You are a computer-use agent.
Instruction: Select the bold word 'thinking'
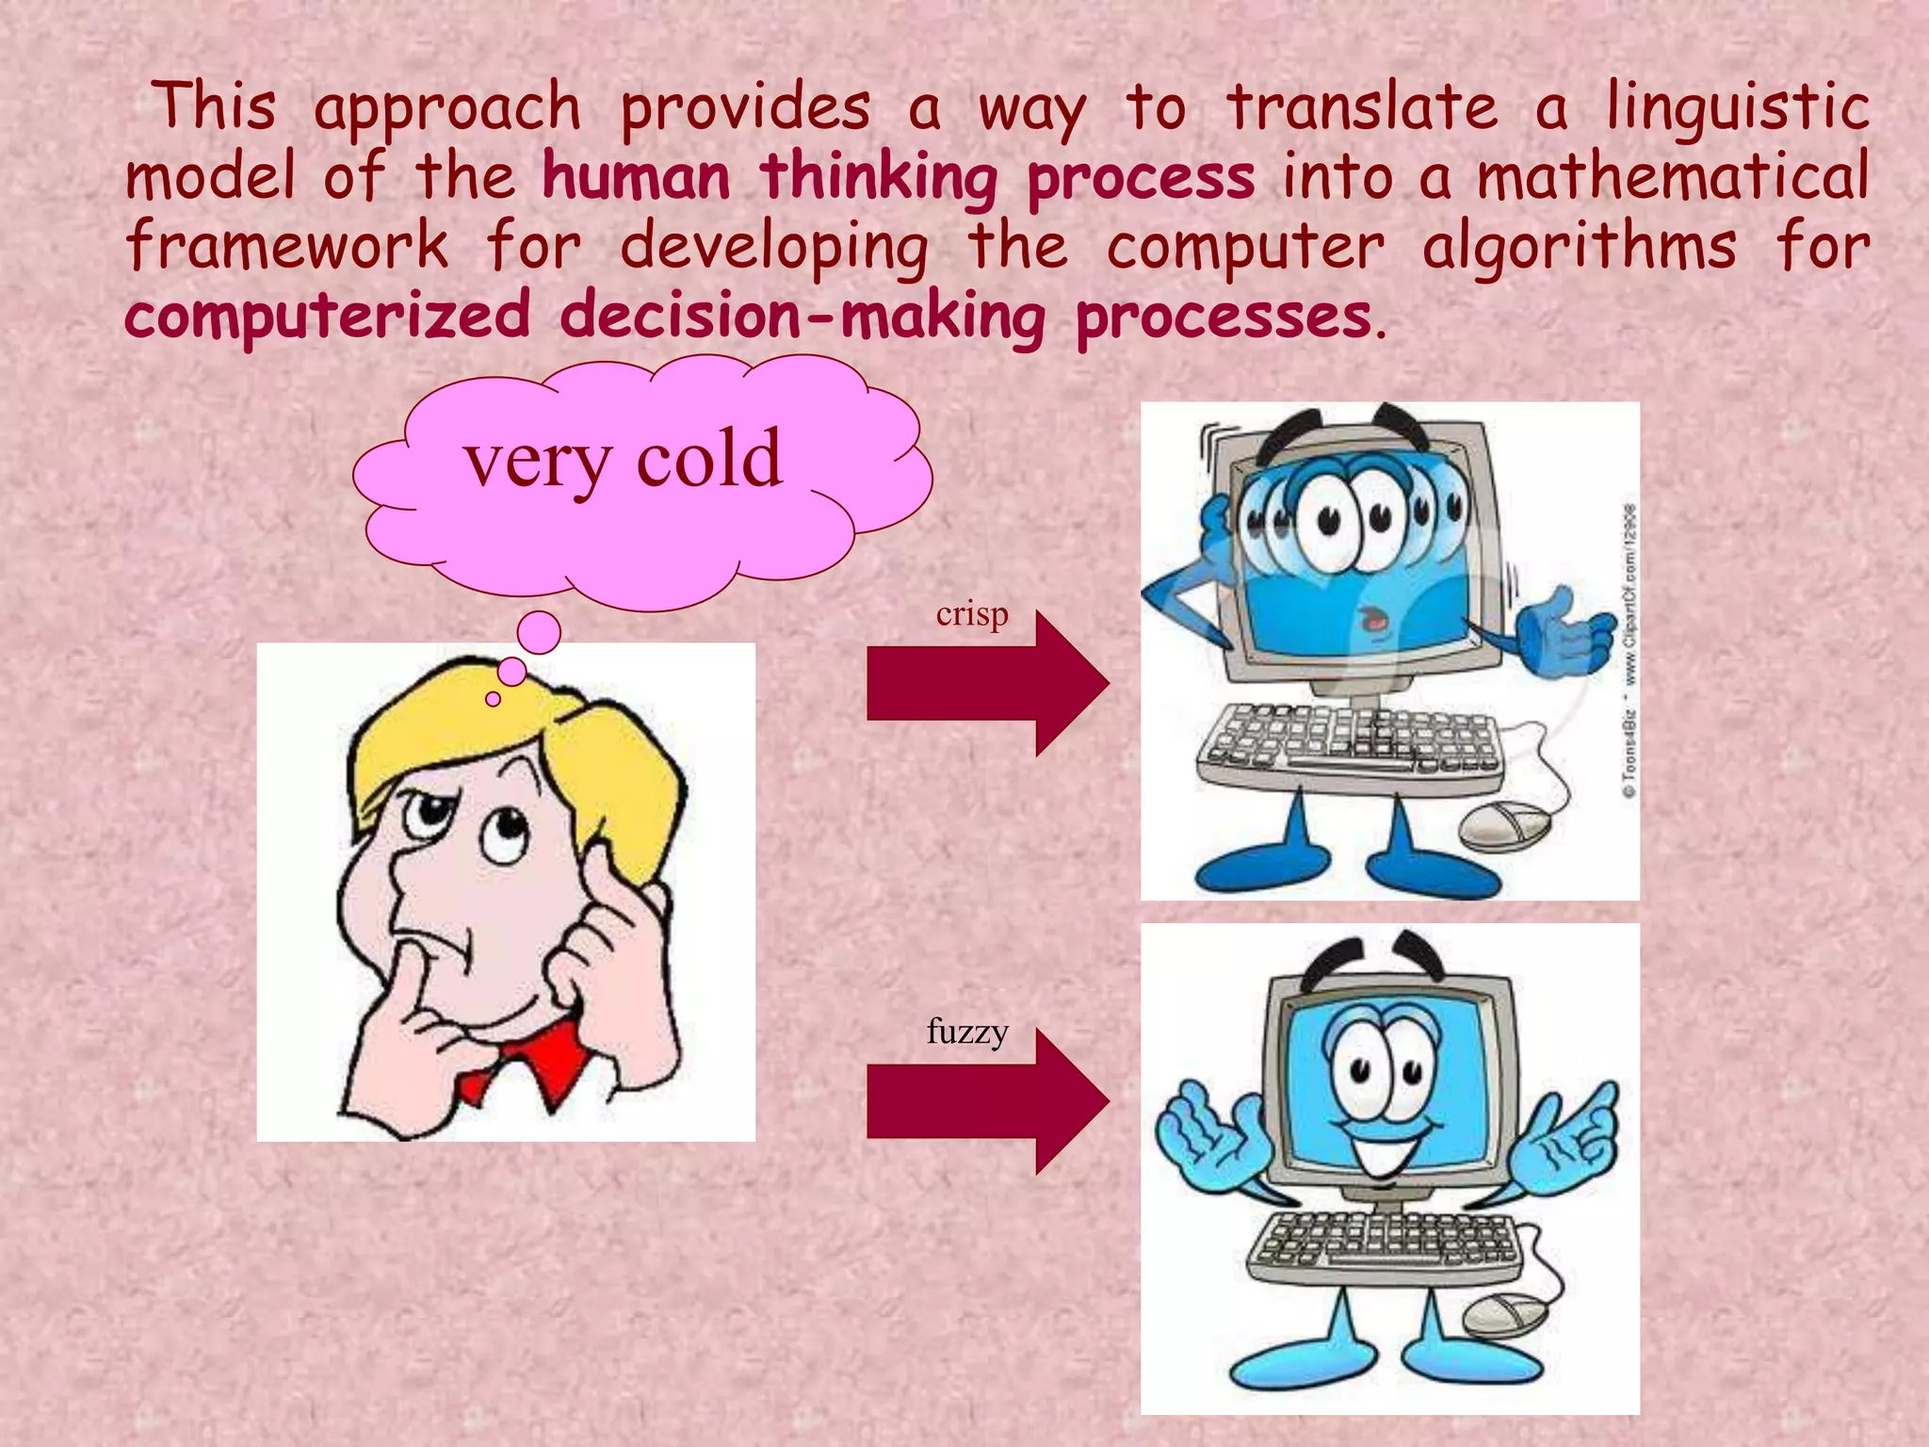click(x=878, y=177)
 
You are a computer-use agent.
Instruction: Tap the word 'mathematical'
click(x=1672, y=177)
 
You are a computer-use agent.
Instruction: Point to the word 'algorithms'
click(x=1579, y=247)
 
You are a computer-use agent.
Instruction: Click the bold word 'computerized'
click(x=328, y=317)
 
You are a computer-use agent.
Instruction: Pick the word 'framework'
click(x=287, y=247)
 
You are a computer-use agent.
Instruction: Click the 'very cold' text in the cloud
click(x=623, y=459)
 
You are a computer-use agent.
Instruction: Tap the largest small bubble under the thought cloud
click(x=539, y=633)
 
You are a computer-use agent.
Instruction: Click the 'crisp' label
click(x=972, y=614)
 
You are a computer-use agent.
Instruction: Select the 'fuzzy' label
click(x=967, y=1031)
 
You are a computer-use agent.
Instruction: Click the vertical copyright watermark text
click(x=1629, y=650)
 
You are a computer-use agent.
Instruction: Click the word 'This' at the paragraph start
click(x=215, y=106)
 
